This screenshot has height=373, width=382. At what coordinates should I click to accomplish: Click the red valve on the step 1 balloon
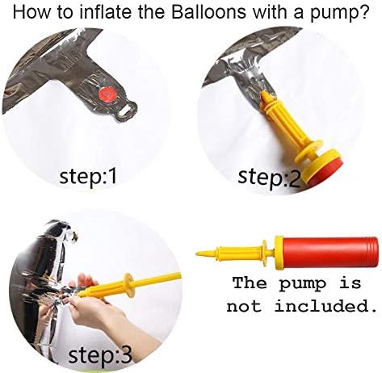(107, 95)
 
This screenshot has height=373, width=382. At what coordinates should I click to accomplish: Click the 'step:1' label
(88, 177)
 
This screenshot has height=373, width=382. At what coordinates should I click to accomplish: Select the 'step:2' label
(268, 178)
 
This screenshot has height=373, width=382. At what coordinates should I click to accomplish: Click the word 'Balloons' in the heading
(209, 12)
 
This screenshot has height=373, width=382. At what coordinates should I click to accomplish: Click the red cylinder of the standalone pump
(330, 253)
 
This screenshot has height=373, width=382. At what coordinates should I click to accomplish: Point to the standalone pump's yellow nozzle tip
(196, 254)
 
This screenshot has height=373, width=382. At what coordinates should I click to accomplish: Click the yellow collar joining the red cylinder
(279, 253)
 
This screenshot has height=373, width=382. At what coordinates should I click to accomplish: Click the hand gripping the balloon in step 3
(97, 309)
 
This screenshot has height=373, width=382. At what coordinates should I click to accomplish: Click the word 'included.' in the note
(325, 306)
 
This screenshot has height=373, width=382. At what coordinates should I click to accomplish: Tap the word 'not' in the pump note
(244, 307)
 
